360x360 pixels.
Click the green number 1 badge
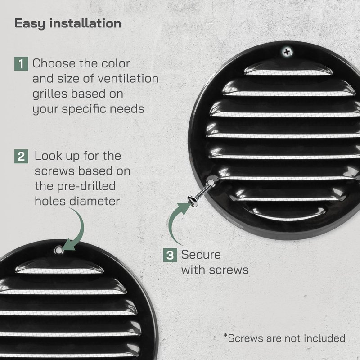(21, 64)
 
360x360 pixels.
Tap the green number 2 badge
(21, 156)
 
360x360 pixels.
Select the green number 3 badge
(170, 255)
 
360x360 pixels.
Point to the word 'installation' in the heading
(85, 23)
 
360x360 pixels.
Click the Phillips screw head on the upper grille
(287, 52)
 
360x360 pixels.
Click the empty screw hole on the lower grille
(58, 250)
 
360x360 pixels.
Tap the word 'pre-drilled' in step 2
(86, 186)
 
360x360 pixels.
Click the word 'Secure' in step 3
(201, 255)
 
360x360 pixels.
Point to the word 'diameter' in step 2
(94, 201)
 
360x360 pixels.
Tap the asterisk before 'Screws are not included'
(225, 336)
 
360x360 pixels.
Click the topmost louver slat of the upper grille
(288, 68)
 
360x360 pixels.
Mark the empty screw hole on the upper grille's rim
(211, 179)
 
